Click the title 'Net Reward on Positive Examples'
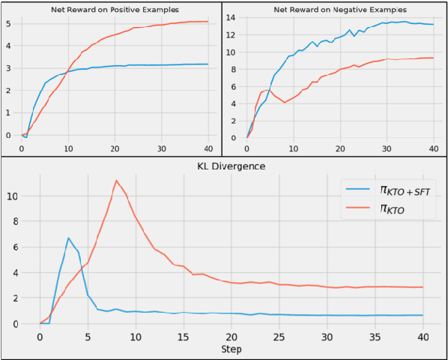tap(115, 10)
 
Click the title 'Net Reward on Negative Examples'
tap(339, 10)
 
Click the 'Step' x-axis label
tap(231, 349)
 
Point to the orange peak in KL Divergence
tap(116, 180)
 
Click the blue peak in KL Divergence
tap(68, 238)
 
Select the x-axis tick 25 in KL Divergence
tap(279, 337)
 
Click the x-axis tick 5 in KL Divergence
tap(88, 337)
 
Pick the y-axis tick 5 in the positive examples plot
tap(7, 23)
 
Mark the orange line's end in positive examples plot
tap(208, 22)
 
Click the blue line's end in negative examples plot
tap(433, 25)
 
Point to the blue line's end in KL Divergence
tap(423, 315)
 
